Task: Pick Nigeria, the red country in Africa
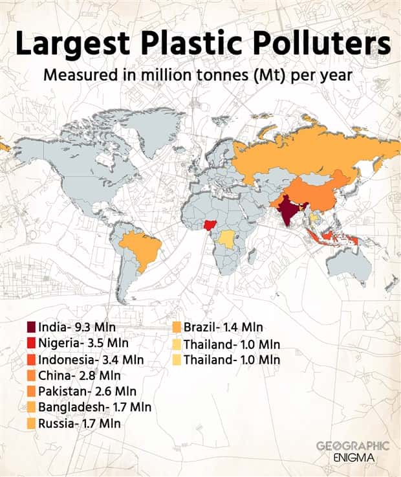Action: [x=209, y=227]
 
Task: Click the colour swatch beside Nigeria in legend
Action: [x=31, y=342]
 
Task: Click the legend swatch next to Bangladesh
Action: [x=31, y=407]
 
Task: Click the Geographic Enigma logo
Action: [x=353, y=451]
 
